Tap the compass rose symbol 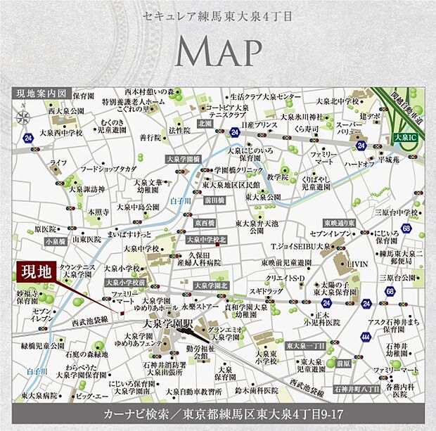(25, 117)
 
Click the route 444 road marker (366, 337)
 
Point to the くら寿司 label (307, 129)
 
